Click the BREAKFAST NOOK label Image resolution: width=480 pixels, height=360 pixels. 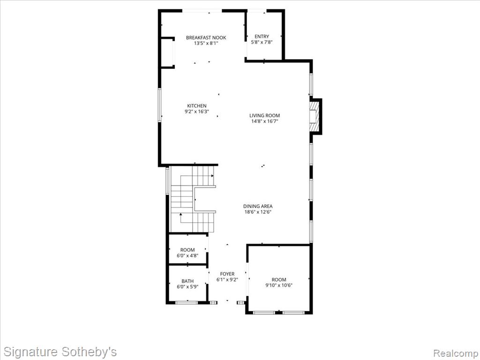tap(206, 37)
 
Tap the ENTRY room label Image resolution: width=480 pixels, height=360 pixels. tap(262, 37)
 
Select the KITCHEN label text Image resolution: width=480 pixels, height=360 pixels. tap(197, 106)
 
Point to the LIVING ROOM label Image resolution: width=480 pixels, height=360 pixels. tap(264, 115)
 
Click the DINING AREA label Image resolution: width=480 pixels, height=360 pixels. tap(258, 206)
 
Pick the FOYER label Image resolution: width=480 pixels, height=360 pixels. tap(227, 274)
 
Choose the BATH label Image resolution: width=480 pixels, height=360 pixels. tap(187, 281)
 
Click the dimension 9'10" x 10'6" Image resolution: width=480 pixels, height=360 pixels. tap(279, 285)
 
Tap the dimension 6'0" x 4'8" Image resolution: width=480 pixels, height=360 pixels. tap(187, 255)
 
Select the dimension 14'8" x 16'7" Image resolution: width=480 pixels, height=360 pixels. tap(264, 121)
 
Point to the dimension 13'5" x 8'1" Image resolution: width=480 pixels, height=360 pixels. tap(206, 44)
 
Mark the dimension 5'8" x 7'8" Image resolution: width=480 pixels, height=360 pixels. tap(262, 42)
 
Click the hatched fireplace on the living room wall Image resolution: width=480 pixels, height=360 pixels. tap(314, 116)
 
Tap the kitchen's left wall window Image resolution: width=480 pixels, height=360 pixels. tap(159, 105)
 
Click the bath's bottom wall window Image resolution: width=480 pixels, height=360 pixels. tap(187, 302)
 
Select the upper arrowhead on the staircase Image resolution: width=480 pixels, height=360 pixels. tap(212, 176)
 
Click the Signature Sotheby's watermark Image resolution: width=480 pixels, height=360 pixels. tap(60, 352)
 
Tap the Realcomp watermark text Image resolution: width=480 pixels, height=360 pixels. tap(455, 353)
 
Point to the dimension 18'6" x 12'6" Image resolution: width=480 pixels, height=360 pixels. tap(258, 212)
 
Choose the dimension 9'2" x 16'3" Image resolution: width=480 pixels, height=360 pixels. tap(197, 112)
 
